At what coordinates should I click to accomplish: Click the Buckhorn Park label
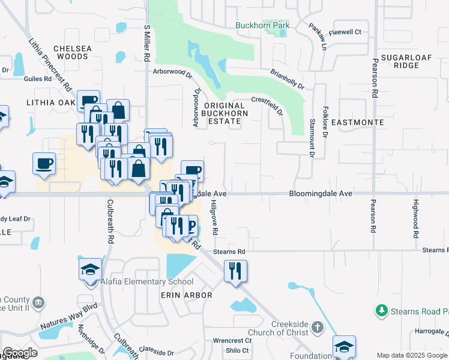pyautogui.click(x=262, y=25)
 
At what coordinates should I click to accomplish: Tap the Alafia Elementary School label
pyautogui.click(x=151, y=281)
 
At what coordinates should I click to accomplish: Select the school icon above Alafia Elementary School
pyautogui.click(x=90, y=269)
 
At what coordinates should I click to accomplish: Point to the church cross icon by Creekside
pyautogui.click(x=318, y=328)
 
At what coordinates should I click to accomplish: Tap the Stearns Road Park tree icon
pyautogui.click(x=380, y=310)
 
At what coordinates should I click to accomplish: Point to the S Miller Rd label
pyautogui.click(x=146, y=44)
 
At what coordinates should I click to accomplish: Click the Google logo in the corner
pyautogui.click(x=20, y=353)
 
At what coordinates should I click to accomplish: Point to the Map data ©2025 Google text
pyautogui.click(x=412, y=355)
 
